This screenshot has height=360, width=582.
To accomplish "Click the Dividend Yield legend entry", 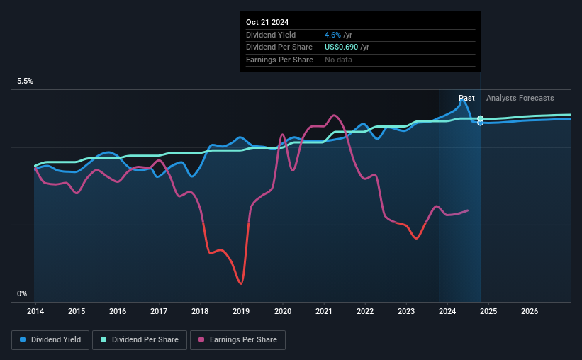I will (x=50, y=339).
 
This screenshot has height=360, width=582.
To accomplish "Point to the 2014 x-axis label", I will (x=35, y=311).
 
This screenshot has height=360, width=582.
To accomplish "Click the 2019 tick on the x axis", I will (x=242, y=311).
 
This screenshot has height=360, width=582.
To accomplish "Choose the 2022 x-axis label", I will (x=365, y=311).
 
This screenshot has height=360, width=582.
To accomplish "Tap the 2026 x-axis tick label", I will (x=530, y=311).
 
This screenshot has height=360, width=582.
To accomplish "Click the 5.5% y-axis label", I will (x=26, y=81).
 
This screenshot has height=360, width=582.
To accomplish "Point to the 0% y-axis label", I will (x=22, y=293).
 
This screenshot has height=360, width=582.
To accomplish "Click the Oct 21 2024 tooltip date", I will (x=267, y=23).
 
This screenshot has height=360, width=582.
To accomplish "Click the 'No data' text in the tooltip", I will (x=338, y=60).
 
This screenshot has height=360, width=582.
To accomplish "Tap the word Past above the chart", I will (x=466, y=98).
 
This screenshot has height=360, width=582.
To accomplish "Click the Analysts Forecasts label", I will (x=520, y=98).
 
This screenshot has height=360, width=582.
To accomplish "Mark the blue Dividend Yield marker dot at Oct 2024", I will (x=481, y=123).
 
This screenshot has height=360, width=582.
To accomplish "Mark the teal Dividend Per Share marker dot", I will (x=481, y=118).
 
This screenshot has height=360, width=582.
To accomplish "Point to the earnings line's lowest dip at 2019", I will (x=242, y=283).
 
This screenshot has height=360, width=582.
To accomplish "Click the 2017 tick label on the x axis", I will (x=159, y=311).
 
